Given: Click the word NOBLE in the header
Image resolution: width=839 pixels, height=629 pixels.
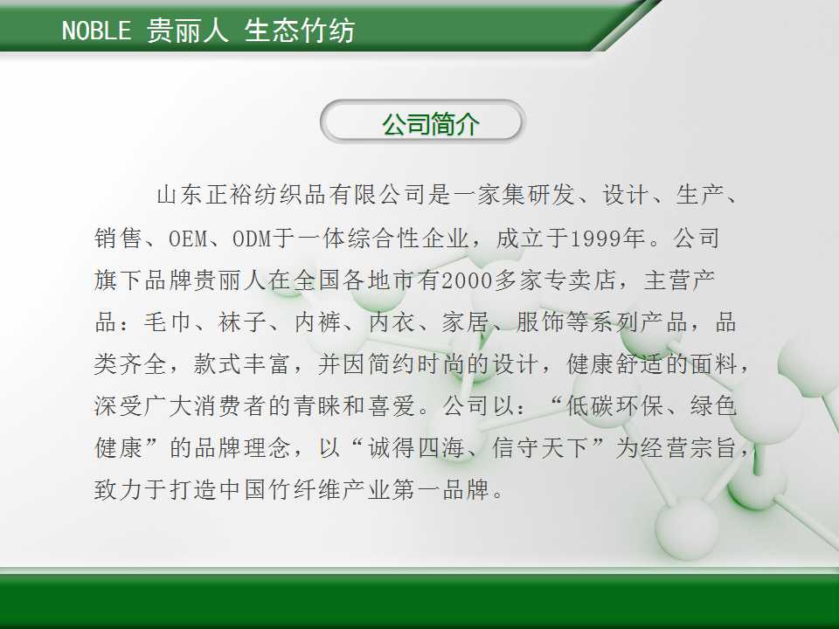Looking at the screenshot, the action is tap(96, 30).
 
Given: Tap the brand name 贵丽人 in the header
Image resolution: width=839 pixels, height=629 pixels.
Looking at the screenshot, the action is tap(187, 30).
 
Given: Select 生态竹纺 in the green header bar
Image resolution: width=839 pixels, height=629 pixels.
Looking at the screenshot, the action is tap(300, 30).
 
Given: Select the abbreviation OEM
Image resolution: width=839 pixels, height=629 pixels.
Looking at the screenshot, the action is tap(188, 238).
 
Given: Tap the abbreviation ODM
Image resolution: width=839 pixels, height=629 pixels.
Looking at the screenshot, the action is tap(252, 238).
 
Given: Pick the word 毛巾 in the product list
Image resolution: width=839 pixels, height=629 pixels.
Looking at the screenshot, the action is tap(168, 322).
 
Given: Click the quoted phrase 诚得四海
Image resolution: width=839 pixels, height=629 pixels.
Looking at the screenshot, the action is tap(416, 447).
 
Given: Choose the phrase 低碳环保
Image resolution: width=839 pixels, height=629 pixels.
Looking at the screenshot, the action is tap(615, 406).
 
